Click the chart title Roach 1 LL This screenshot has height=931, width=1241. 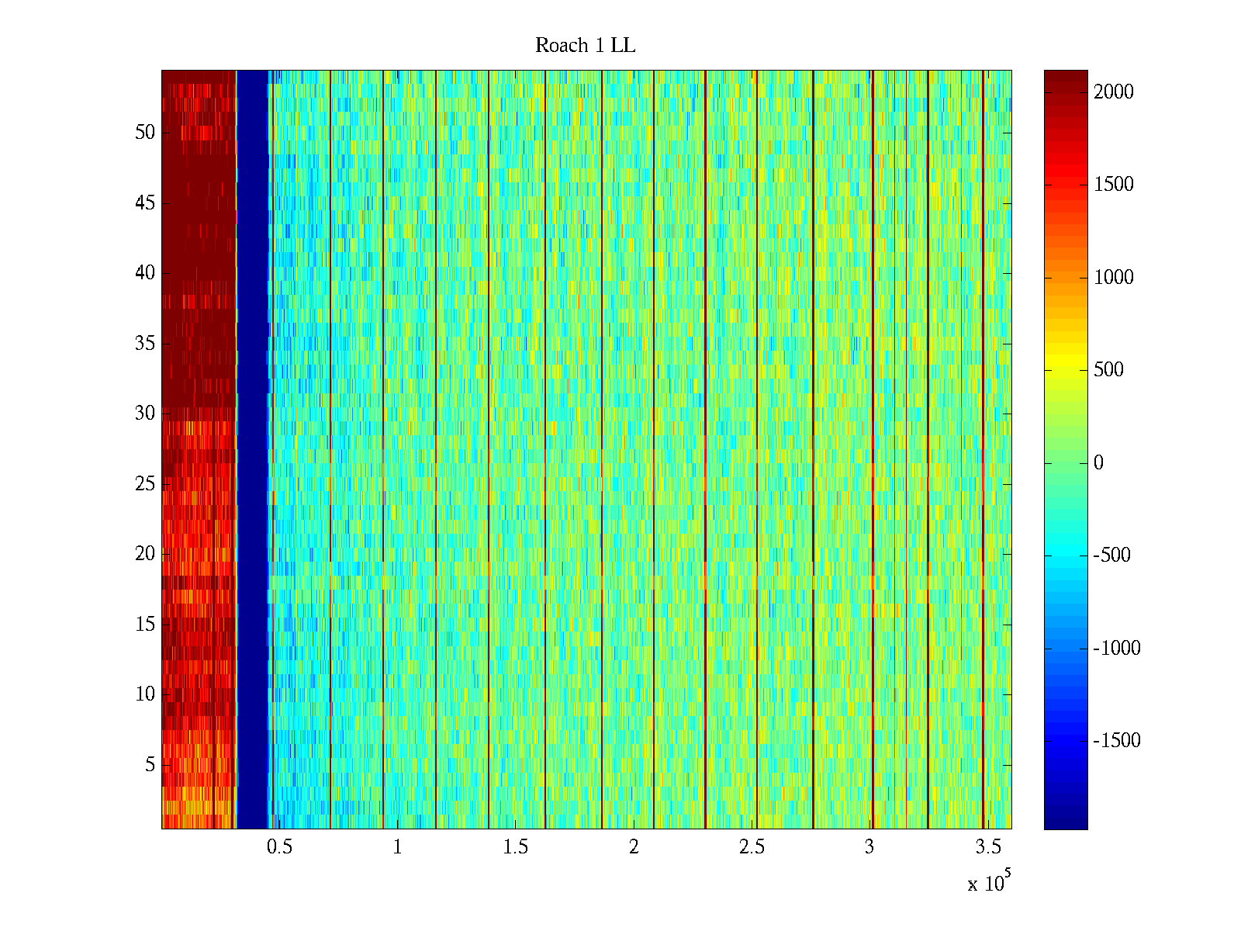[585, 46]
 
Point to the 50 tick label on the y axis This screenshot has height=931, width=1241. [145, 133]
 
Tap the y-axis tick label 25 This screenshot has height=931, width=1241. [145, 484]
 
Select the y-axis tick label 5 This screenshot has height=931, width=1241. [150, 765]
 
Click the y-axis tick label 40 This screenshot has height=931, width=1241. [145, 273]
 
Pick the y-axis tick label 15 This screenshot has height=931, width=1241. [145, 625]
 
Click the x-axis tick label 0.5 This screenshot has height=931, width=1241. [279, 847]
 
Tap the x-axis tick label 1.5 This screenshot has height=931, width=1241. [515, 847]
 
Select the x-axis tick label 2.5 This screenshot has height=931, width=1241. [751, 847]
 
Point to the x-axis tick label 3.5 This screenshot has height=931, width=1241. [987, 847]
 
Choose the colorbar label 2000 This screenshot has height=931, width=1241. [1113, 92]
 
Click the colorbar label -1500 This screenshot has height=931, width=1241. [1117, 741]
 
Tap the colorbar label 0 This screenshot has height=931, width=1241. [1098, 463]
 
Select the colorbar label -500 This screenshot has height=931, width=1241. [1111, 555]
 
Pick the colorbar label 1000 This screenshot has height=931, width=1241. [1113, 278]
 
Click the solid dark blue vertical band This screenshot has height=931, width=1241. [252, 450]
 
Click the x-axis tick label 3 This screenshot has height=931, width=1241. [869, 847]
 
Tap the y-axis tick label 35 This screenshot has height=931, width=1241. [145, 344]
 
